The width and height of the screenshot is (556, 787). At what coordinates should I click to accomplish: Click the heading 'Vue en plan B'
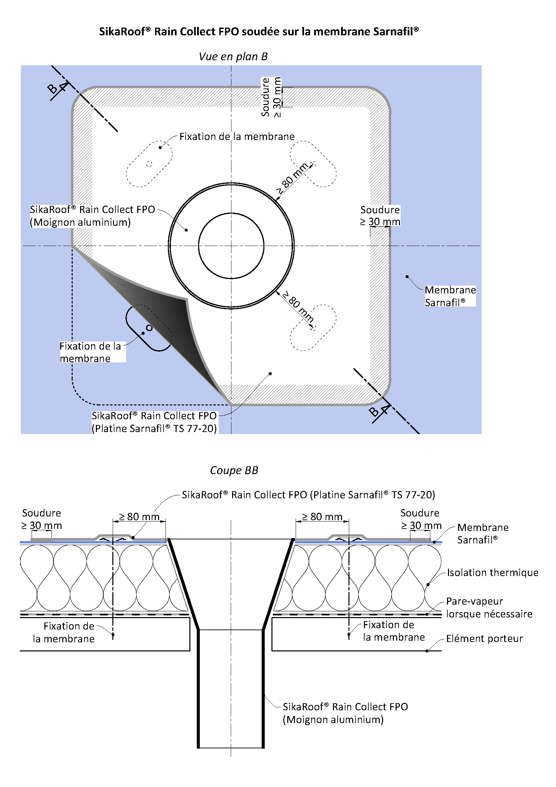tap(233, 57)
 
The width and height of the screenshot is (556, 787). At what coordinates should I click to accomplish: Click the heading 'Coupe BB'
tap(234, 470)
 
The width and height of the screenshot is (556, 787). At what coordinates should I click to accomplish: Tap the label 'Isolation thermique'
tap(492, 572)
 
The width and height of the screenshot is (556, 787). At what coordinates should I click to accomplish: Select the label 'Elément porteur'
tap(484, 639)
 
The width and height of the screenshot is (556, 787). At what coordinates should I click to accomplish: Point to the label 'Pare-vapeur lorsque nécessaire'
tap(488, 607)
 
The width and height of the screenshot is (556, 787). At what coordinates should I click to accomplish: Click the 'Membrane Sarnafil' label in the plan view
tap(450, 296)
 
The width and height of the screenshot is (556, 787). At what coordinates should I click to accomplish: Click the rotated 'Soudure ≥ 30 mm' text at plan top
tap(271, 97)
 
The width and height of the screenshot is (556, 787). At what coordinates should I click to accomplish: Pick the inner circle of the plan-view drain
tap(231, 245)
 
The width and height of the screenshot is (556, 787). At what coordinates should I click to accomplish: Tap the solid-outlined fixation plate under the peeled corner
tap(149, 328)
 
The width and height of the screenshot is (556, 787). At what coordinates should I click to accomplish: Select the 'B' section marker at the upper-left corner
tap(52, 89)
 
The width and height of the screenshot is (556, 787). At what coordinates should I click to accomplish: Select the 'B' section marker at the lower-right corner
tap(374, 411)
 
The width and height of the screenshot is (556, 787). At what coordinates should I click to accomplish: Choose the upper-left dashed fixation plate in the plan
tap(149, 164)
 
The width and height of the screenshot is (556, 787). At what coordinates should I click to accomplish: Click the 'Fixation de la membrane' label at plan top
tap(237, 137)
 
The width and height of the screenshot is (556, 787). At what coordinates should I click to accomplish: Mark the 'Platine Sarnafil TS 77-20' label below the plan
tap(154, 422)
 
